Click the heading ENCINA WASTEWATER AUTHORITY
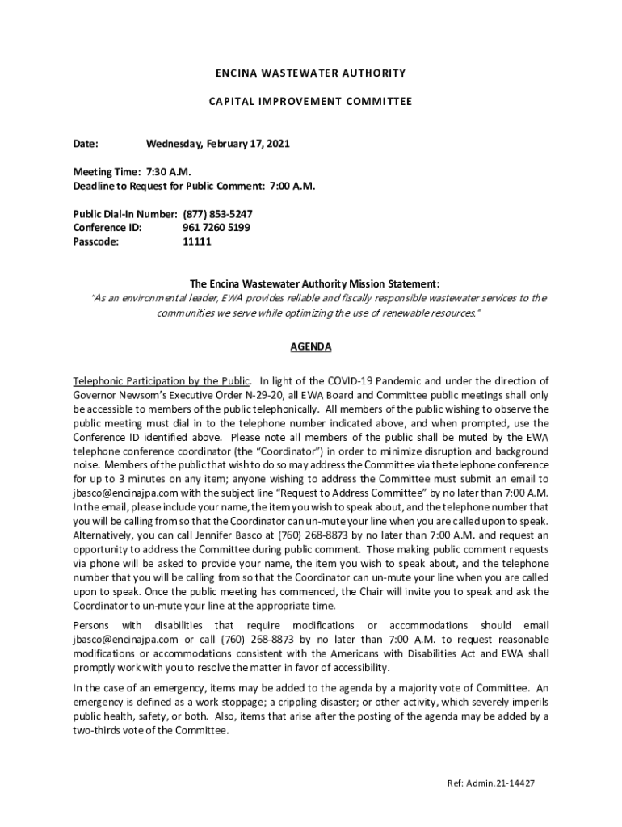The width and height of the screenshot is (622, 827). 310,73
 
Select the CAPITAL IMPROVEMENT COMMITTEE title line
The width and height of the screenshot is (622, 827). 310,102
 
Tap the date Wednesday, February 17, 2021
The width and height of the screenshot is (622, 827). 217,144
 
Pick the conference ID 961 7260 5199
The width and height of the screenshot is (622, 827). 216,228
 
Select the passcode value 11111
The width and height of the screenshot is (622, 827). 197,241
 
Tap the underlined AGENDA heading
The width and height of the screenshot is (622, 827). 310,346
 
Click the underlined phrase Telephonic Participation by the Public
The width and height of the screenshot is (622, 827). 162,380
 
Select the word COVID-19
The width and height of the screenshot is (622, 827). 348,380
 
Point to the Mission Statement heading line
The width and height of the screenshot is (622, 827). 314,283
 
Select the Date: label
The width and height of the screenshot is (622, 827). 86,144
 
